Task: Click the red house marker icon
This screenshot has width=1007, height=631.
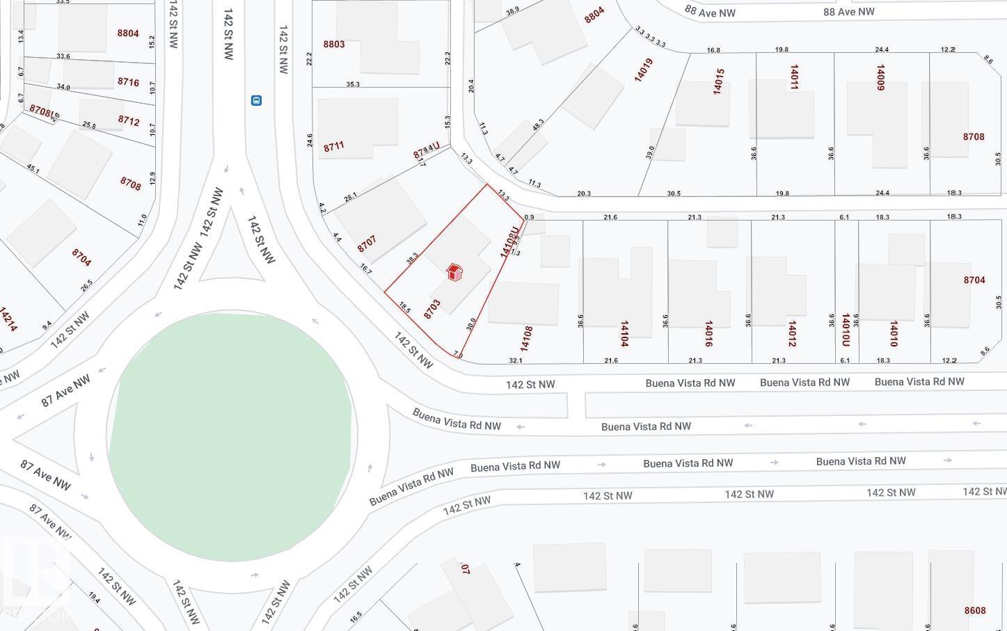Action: tap(454, 272)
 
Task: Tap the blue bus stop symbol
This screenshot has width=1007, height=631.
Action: tap(256, 100)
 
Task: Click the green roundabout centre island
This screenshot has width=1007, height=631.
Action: tap(232, 436)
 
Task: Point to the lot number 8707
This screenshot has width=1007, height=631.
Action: tap(367, 244)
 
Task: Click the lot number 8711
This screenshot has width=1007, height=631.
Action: tap(334, 147)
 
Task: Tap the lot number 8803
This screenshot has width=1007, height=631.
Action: tap(334, 44)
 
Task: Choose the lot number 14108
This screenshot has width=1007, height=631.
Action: tap(527, 338)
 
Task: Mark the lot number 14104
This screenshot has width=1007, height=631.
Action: tap(624, 334)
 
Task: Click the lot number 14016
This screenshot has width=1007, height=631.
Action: tap(708, 334)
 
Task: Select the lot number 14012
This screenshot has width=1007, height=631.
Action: tap(791, 334)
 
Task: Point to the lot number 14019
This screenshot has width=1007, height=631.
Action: tap(644, 70)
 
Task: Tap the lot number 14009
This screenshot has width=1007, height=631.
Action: tap(880, 78)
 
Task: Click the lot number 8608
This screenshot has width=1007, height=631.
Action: tap(975, 610)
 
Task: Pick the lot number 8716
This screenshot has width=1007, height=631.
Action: tap(128, 82)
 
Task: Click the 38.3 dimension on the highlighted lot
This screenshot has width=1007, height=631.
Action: tap(412, 258)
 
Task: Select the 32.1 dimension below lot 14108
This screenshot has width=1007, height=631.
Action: tap(516, 360)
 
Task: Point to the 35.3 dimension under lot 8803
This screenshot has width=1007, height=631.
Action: tap(353, 84)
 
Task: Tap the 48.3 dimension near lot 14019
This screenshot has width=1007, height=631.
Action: tap(538, 125)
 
